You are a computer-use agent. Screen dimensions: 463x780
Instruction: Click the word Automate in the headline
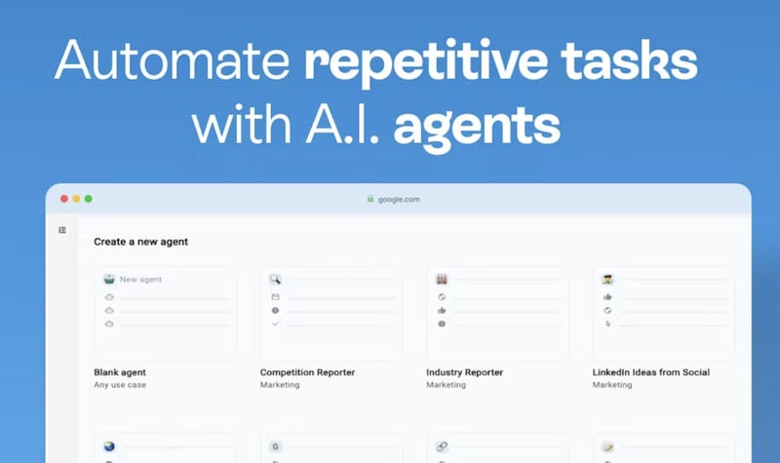click(x=170, y=62)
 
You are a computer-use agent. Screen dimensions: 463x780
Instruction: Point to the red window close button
click(x=64, y=199)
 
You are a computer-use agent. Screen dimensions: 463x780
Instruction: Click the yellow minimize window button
click(x=76, y=199)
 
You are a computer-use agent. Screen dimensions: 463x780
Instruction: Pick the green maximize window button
click(x=88, y=199)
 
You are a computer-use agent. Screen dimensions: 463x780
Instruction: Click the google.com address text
click(x=400, y=199)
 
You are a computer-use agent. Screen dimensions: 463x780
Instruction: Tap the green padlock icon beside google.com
click(x=370, y=199)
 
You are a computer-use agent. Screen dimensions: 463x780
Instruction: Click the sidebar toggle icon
click(x=62, y=231)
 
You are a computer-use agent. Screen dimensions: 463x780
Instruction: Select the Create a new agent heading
click(x=140, y=242)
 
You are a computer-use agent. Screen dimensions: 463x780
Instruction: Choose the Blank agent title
click(x=120, y=372)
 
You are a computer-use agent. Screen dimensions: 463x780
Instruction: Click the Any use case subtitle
click(x=120, y=385)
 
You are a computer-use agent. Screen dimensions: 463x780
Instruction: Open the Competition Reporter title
click(x=307, y=372)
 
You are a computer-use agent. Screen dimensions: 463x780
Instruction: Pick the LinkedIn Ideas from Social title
click(x=651, y=372)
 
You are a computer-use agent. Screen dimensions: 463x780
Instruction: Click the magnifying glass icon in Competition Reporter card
click(x=275, y=279)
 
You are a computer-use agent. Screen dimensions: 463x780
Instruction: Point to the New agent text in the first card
click(x=140, y=280)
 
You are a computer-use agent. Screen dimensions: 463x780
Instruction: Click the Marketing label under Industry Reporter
click(x=446, y=385)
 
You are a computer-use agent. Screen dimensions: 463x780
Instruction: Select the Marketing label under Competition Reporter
click(x=280, y=385)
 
